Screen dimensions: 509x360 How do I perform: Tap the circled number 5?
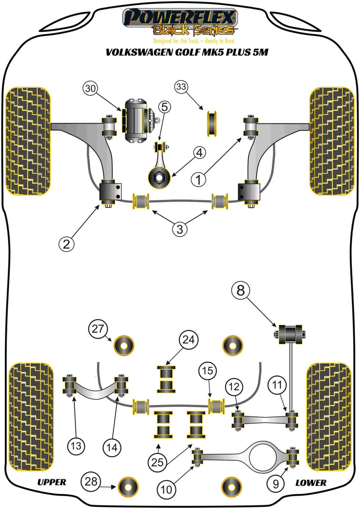point(164,107)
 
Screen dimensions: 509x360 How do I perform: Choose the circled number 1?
point(200,180)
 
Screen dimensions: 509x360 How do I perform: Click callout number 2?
point(67,243)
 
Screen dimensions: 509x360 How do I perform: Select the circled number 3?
point(180,229)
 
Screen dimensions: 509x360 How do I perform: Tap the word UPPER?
point(52,482)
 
